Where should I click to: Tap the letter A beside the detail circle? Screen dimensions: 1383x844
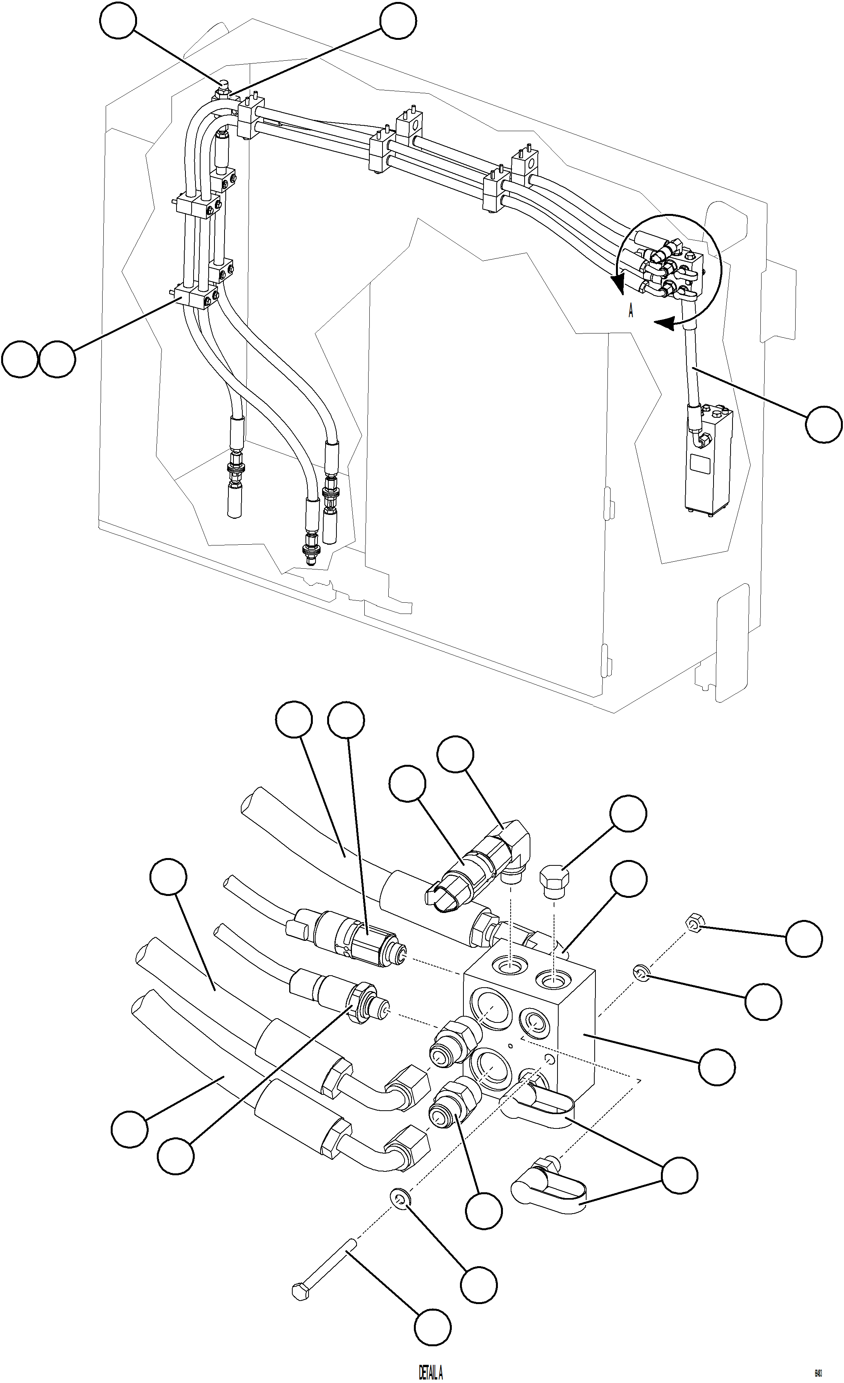631,312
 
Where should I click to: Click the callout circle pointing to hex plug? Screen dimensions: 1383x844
628,813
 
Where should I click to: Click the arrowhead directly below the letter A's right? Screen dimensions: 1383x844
666,324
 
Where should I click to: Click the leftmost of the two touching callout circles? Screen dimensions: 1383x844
20,359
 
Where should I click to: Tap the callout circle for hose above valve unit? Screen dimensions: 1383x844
823,425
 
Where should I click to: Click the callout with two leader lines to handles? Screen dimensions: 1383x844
679,1175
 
